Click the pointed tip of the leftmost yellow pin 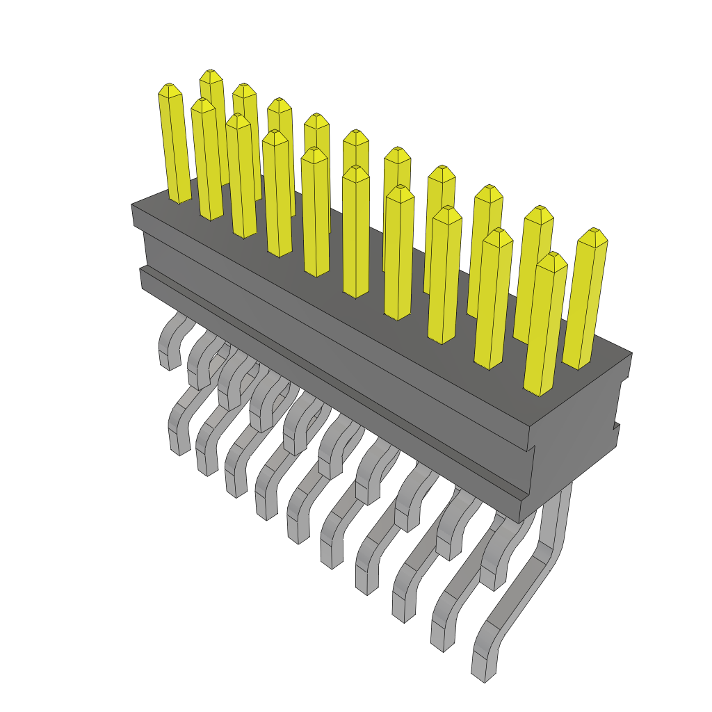point(169,88)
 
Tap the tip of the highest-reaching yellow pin point(211,74)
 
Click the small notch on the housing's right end point(616,425)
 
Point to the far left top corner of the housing point(133,206)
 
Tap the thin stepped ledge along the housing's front point(334,389)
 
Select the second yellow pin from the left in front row point(207,160)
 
